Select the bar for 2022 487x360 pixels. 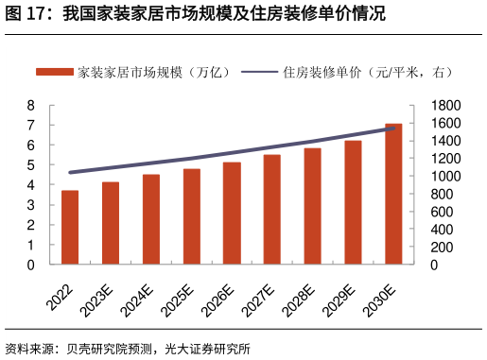[x=70, y=228]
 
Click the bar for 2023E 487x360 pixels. [x=111, y=223]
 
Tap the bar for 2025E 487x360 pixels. [x=191, y=216]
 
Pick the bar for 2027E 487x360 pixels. [x=271, y=209]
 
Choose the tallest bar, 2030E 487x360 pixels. [x=393, y=194]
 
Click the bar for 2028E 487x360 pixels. [x=312, y=206]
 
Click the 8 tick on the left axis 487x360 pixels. [x=30, y=105]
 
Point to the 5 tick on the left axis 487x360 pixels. [x=30, y=165]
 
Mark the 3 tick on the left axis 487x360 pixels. [x=30, y=205]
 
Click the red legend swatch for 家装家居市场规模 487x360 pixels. [x=55, y=72]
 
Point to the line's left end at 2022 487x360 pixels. [x=70, y=172]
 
